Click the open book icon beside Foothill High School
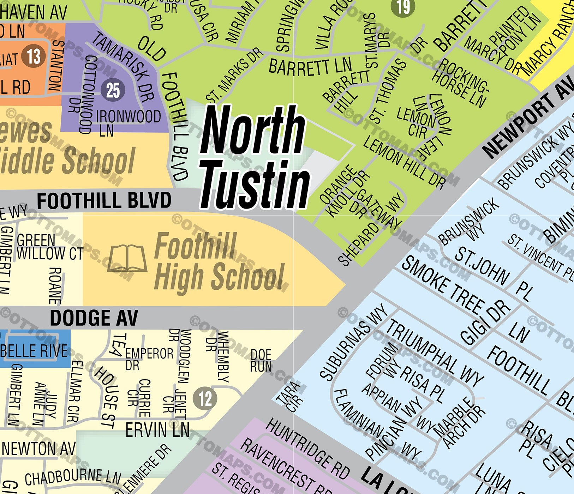coord(127,259)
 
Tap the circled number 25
coord(113,90)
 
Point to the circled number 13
coord(33,56)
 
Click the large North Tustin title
coord(253,157)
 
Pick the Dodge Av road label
coord(94,318)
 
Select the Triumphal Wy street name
coord(434,353)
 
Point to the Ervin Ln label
coord(157,430)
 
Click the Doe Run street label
coord(261,361)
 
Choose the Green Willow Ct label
coord(49,247)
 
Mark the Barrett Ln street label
coord(310,67)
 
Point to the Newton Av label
coord(39,449)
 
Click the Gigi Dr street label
coord(485,323)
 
